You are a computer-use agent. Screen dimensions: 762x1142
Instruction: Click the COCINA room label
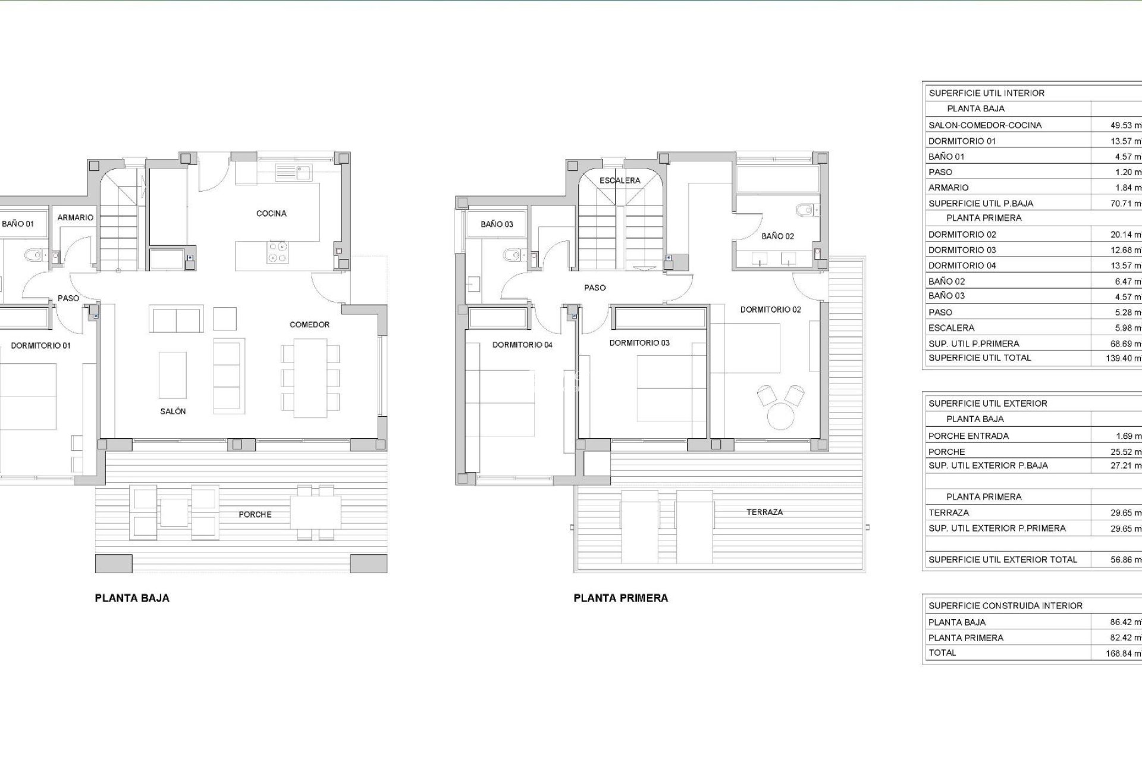pos(271,213)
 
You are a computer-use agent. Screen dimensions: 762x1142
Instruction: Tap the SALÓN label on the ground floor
pos(173,411)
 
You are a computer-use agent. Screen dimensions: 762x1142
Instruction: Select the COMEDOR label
pos(309,324)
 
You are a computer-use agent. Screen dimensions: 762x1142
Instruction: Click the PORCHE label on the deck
pos(255,514)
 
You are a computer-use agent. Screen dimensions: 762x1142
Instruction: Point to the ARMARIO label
pos(76,218)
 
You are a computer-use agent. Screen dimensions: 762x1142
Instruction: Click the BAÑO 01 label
pos(18,224)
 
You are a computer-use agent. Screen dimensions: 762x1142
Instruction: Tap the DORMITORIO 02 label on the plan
pos(770,310)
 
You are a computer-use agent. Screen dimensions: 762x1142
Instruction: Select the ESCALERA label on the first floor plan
pos(620,180)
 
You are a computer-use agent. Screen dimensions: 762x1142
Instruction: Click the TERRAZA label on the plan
pos(764,512)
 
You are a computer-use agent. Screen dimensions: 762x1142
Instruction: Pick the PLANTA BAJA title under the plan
pos(132,598)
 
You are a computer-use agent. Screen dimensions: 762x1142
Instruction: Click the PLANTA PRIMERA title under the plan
pos(620,598)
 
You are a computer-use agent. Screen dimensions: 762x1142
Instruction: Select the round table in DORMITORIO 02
pos(780,416)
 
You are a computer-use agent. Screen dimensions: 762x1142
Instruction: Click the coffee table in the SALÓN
pos(172,375)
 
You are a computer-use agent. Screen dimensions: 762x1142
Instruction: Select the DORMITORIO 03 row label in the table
pos(962,250)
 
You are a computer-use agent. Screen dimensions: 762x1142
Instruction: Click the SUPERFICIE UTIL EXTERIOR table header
pos(987,404)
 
